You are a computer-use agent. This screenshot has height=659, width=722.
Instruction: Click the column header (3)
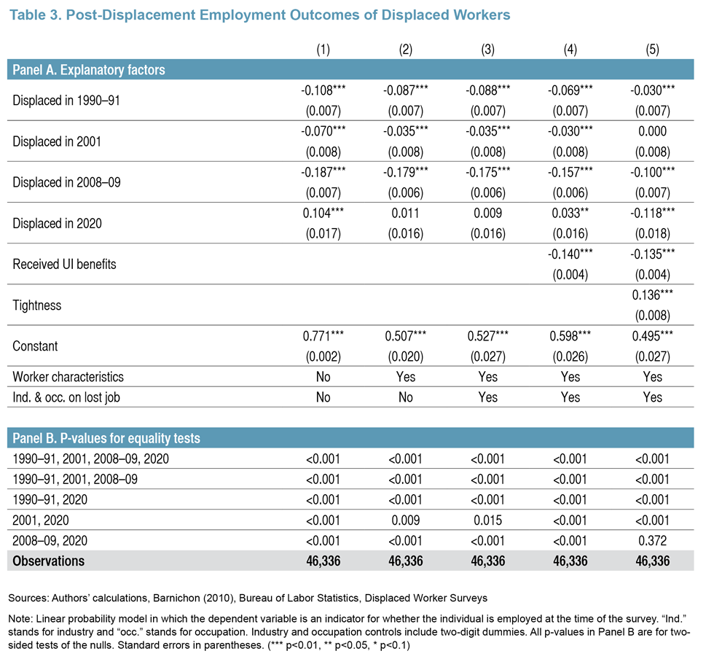(487, 50)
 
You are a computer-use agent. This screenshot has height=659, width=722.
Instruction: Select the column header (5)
(653, 50)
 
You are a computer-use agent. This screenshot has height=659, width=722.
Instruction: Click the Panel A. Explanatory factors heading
(89, 69)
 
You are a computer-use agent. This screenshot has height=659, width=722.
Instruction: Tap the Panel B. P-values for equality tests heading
(106, 438)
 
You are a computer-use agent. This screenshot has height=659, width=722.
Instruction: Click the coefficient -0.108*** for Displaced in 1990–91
(323, 90)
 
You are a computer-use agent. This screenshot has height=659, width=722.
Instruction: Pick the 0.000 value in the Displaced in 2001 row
(653, 131)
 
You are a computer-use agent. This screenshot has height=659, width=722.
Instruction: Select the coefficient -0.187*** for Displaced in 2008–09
(323, 172)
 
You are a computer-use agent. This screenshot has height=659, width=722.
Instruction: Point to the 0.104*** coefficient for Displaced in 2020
(323, 214)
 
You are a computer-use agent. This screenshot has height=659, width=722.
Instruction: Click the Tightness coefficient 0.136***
(653, 295)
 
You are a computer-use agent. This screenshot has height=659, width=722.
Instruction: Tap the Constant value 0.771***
(323, 336)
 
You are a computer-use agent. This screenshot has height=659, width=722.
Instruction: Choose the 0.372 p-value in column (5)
(653, 541)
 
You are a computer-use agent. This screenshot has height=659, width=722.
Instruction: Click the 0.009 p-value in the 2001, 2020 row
(406, 520)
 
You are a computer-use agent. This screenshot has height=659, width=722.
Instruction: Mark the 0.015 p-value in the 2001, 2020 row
(487, 520)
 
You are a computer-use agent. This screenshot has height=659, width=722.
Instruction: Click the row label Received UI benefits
(64, 264)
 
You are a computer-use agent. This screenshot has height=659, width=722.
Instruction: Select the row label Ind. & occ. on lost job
(66, 397)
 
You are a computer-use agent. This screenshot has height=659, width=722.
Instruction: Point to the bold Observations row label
(49, 561)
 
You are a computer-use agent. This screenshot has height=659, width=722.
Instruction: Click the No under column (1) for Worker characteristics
(323, 377)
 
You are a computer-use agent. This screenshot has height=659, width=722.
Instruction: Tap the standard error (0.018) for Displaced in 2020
(653, 234)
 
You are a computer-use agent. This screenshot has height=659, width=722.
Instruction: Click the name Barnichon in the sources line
(174, 598)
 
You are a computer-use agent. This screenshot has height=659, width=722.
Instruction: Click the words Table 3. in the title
(36, 15)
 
